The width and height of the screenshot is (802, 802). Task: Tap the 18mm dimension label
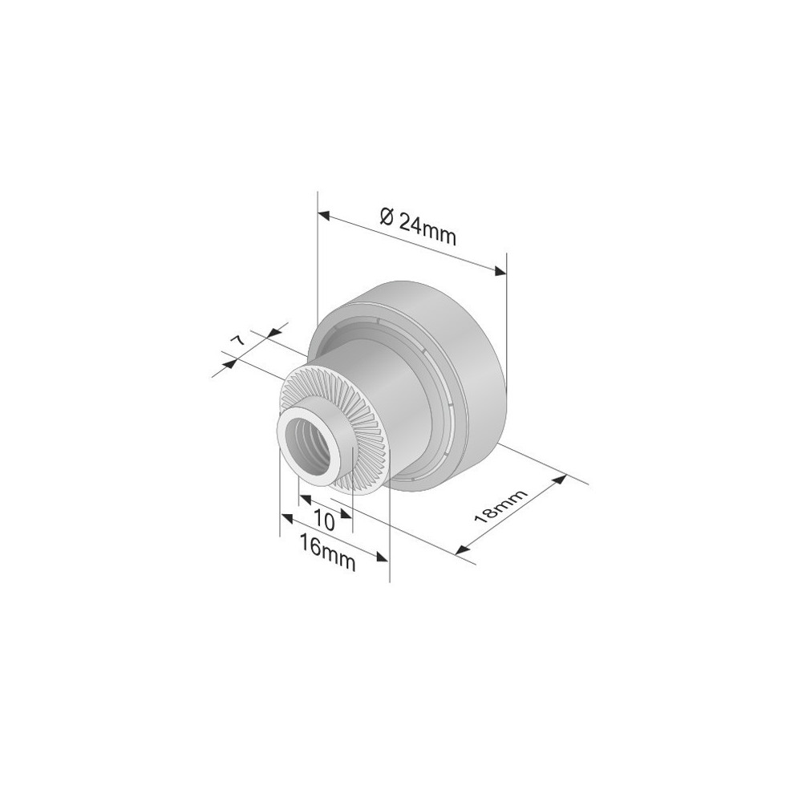500,506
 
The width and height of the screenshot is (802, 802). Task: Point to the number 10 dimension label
324,520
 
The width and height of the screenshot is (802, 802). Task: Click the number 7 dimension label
238,340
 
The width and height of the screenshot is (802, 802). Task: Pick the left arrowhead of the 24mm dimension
324,214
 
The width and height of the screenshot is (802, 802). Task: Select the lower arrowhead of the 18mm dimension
462,549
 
